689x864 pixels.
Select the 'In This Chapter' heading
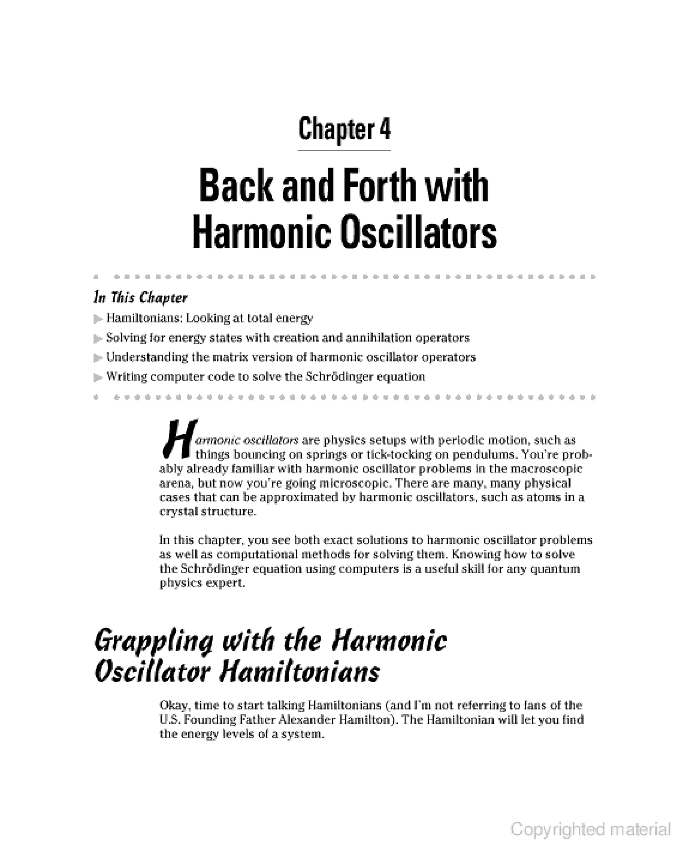140,298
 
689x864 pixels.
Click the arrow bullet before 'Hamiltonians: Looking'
98,319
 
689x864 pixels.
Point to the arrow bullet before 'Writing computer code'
98,377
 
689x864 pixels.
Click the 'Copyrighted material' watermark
590,829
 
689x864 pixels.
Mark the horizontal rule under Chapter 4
344,151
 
